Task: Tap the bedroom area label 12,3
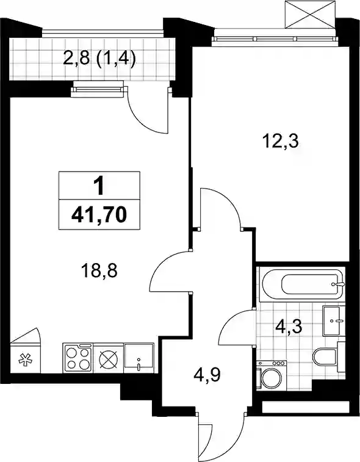click(280, 142)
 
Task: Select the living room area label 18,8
click(99, 270)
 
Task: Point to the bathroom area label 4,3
click(289, 327)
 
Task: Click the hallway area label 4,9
click(207, 375)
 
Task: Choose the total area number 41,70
click(99, 214)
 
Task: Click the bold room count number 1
click(99, 187)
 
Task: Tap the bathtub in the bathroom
click(302, 284)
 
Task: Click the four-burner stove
click(78, 358)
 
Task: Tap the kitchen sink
click(139, 358)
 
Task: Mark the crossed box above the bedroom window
click(311, 14)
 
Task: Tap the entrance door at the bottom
click(221, 436)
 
